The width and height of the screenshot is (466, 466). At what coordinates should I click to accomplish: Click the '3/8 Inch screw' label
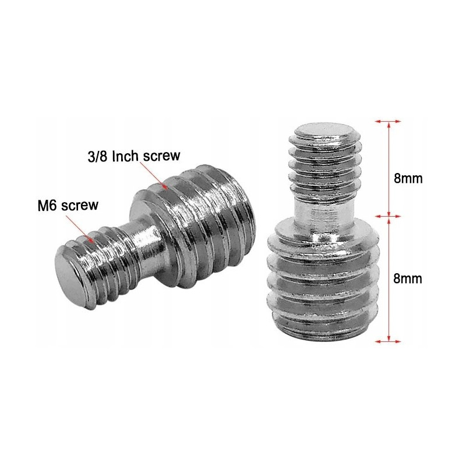click(x=134, y=156)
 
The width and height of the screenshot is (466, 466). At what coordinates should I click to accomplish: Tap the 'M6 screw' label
click(x=68, y=206)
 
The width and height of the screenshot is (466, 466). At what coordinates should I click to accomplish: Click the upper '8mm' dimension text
click(x=408, y=179)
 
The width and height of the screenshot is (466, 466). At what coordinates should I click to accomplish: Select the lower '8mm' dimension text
click(x=407, y=279)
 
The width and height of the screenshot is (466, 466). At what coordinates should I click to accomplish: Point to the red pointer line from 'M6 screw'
click(x=80, y=228)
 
